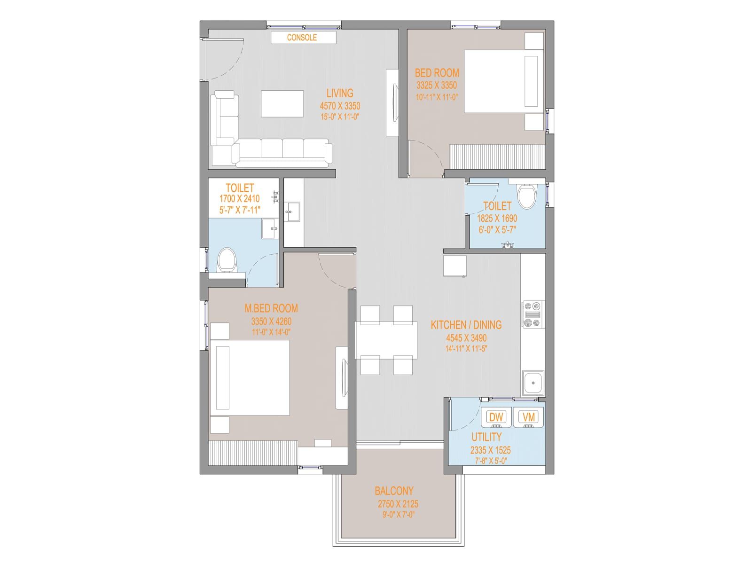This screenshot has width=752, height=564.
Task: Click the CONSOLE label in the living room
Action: [301, 37]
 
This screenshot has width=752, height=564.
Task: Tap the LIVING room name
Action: [339, 93]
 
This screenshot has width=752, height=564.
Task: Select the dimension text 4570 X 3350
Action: [340, 106]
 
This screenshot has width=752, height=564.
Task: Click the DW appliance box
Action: [496, 417]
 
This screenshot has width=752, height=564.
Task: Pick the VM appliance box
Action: [528, 417]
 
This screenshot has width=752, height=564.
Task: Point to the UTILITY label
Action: [486, 437]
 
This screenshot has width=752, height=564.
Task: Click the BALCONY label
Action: [394, 491]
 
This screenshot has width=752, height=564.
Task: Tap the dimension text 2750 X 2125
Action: [398, 504]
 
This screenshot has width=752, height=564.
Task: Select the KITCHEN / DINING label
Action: [466, 325]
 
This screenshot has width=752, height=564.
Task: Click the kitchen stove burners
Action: [533, 314]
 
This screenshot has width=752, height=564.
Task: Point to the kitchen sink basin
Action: [533, 383]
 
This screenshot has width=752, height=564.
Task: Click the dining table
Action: [386, 340]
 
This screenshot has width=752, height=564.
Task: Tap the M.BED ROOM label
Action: [271, 308]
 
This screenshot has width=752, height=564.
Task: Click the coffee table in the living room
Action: [282, 104]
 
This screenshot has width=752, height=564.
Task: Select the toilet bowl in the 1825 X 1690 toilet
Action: [526, 196]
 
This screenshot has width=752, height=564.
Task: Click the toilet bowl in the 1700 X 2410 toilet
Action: [227, 259]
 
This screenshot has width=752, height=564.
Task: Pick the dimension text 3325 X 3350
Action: [437, 85]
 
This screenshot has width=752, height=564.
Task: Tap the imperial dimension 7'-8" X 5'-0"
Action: [491, 461]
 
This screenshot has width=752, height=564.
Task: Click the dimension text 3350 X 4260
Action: [271, 321]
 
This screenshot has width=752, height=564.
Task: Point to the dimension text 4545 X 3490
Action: [466, 338]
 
